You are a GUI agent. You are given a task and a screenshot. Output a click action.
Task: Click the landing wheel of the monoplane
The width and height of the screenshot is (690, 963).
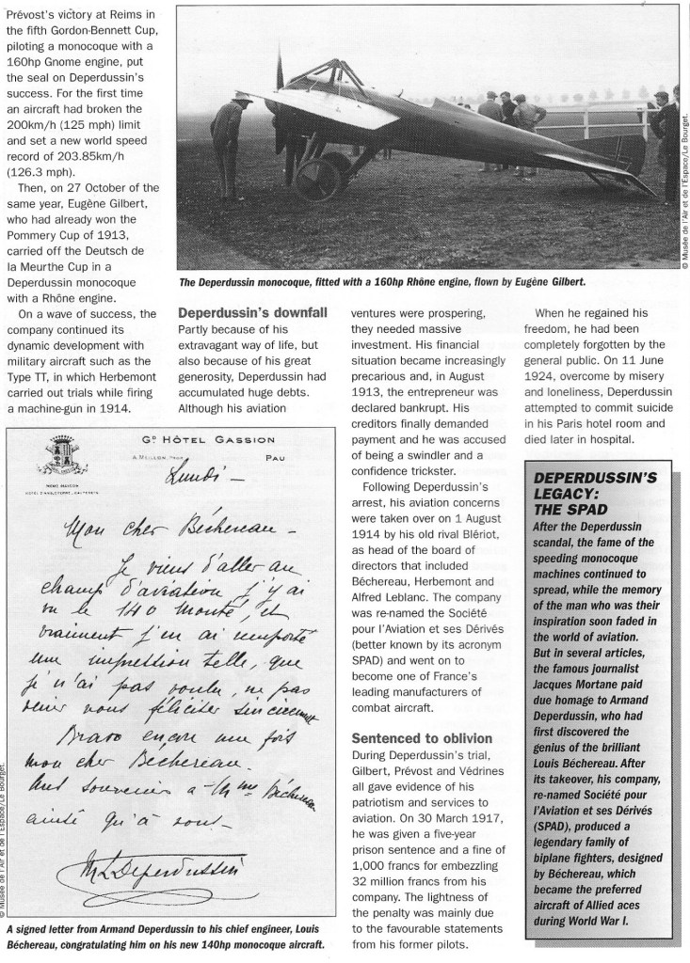[x=319, y=179]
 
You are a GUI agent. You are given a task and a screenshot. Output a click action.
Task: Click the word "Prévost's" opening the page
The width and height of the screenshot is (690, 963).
[x=29, y=10]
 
